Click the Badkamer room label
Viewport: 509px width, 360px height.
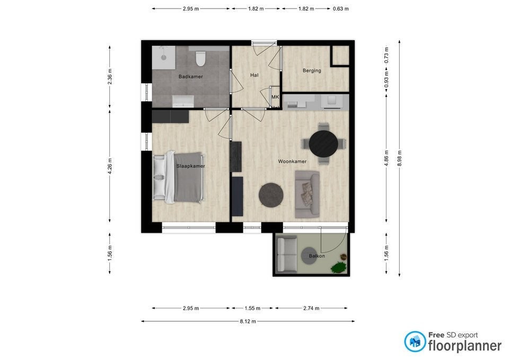190,76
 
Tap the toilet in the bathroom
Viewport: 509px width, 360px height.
200,58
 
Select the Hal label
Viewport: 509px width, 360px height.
254,75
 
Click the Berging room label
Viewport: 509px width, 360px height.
312,71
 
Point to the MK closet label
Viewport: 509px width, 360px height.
275,96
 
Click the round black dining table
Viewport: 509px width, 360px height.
323,144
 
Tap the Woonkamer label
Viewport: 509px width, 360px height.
292,161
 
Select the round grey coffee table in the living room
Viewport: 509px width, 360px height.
271,196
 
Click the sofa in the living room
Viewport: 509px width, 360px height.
307,194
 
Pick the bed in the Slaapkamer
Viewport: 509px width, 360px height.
179,177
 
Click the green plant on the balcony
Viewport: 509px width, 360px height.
338,268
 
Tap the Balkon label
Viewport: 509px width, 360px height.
317,256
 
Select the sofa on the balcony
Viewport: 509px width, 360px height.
286,254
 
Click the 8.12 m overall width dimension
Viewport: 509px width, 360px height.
248,321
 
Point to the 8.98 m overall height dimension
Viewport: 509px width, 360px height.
399,158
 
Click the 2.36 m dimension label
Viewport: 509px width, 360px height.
110,77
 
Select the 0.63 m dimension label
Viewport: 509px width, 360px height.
340,9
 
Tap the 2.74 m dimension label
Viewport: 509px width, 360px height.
311,308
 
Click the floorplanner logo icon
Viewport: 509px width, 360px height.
415,341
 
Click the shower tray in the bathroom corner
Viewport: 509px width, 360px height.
164,57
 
